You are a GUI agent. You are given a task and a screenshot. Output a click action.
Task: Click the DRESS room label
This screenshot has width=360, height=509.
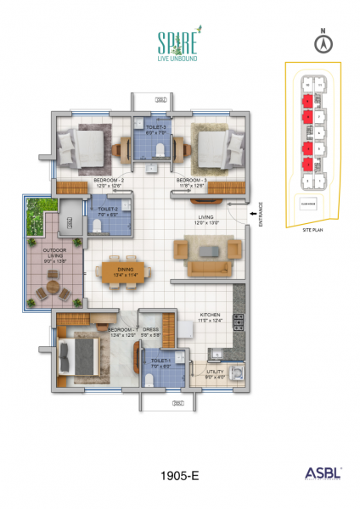151,331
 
